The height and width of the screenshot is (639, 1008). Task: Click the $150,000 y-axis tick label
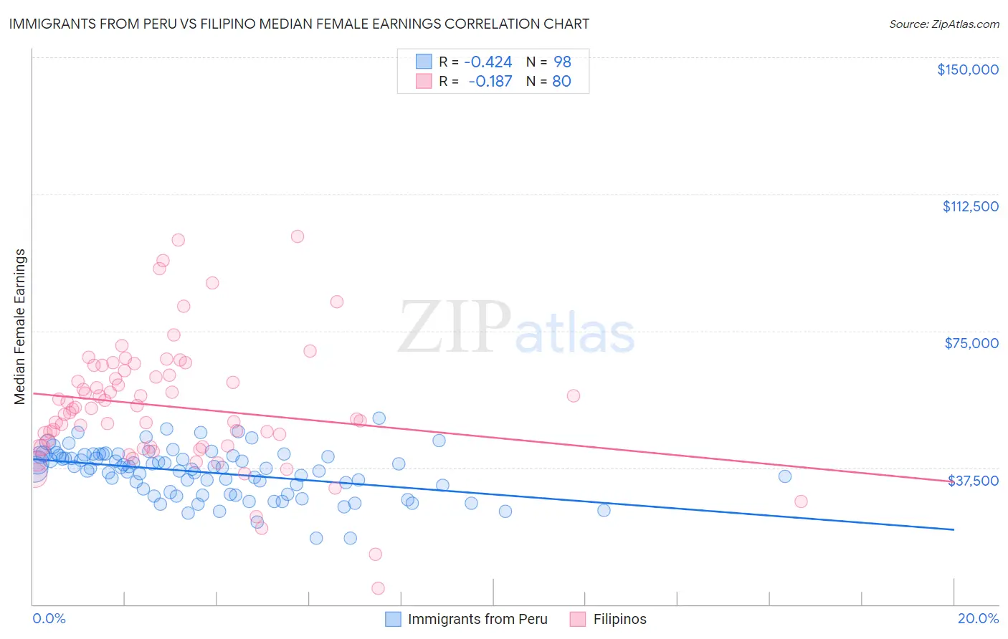tap(967, 69)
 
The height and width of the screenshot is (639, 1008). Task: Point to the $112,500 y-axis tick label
tap(970, 206)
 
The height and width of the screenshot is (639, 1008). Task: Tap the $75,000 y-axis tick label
tap(971, 343)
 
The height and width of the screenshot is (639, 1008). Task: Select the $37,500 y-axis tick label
tap(973, 481)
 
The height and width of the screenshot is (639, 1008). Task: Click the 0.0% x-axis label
tap(49, 618)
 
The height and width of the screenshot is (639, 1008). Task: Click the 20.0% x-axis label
tap(978, 618)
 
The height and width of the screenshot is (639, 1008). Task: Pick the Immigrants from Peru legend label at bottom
tap(477, 619)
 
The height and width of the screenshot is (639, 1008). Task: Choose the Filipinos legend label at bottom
tap(619, 619)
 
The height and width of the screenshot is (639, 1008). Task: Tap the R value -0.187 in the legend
tap(490, 82)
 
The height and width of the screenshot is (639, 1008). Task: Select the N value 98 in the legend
tap(562, 62)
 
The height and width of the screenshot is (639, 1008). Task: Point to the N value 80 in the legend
tap(561, 82)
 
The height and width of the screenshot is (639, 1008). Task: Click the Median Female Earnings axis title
tap(20, 327)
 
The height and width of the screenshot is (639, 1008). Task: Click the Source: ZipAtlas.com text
tap(943, 24)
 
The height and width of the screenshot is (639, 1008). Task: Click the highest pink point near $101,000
tap(298, 236)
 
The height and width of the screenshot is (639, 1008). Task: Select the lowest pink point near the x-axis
tap(378, 588)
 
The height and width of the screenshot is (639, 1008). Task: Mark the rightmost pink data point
tap(801, 501)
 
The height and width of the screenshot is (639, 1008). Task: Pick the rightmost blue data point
tap(785, 476)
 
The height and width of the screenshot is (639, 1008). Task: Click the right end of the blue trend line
tap(954, 529)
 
